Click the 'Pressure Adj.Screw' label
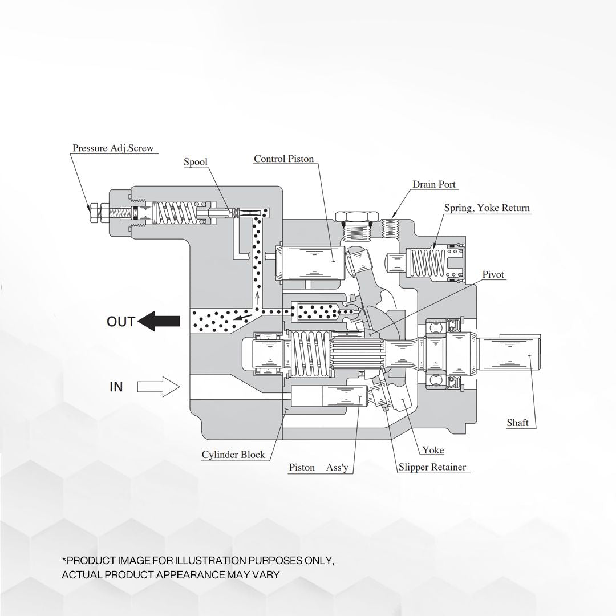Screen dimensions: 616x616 (112, 148)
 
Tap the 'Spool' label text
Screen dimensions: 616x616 (195, 162)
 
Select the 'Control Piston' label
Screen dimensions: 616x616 (283, 159)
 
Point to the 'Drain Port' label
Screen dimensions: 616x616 (434, 184)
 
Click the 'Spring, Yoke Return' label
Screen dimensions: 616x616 (487, 208)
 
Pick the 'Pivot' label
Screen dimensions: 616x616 (493, 275)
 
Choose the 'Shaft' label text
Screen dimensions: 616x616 (517, 423)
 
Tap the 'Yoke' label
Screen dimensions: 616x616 (433, 450)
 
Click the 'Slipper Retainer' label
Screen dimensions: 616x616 (432, 467)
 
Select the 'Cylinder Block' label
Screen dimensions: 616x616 (233, 455)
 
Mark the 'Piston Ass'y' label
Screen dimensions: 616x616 (318, 468)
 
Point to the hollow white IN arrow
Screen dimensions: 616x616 (159, 386)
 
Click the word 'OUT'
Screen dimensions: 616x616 (121, 322)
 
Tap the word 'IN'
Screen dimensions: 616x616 (116, 387)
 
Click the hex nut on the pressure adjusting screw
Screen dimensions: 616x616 (92, 213)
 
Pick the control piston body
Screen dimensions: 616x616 (311, 262)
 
